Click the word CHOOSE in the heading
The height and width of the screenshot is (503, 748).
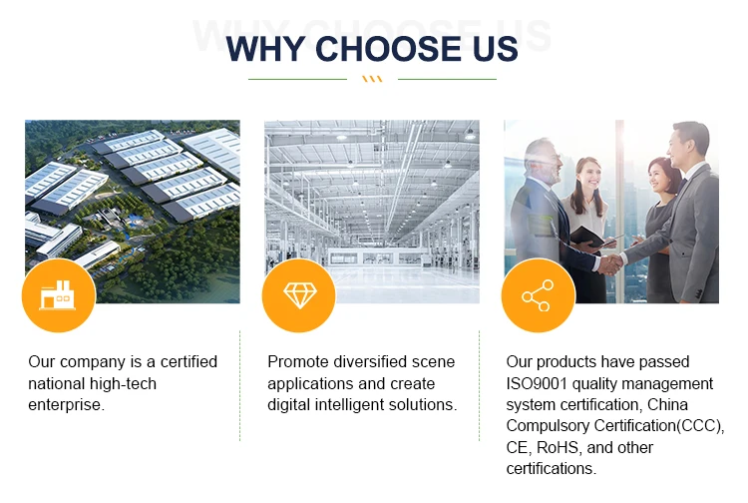[389, 49]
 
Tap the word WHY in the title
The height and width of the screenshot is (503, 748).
[265, 49]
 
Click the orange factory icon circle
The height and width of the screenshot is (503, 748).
[59, 295]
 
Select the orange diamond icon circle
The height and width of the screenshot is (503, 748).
[299, 295]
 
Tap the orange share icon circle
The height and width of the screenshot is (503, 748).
[539, 295]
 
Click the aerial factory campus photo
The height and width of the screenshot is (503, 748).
[133, 212]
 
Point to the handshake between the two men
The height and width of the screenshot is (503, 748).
[609, 263]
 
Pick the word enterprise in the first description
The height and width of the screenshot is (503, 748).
[65, 405]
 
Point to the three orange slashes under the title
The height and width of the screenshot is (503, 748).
[372, 79]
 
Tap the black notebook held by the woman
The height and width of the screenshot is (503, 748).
[590, 237]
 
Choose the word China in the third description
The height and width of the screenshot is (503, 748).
[667, 404]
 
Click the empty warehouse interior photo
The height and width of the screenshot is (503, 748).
[372, 212]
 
